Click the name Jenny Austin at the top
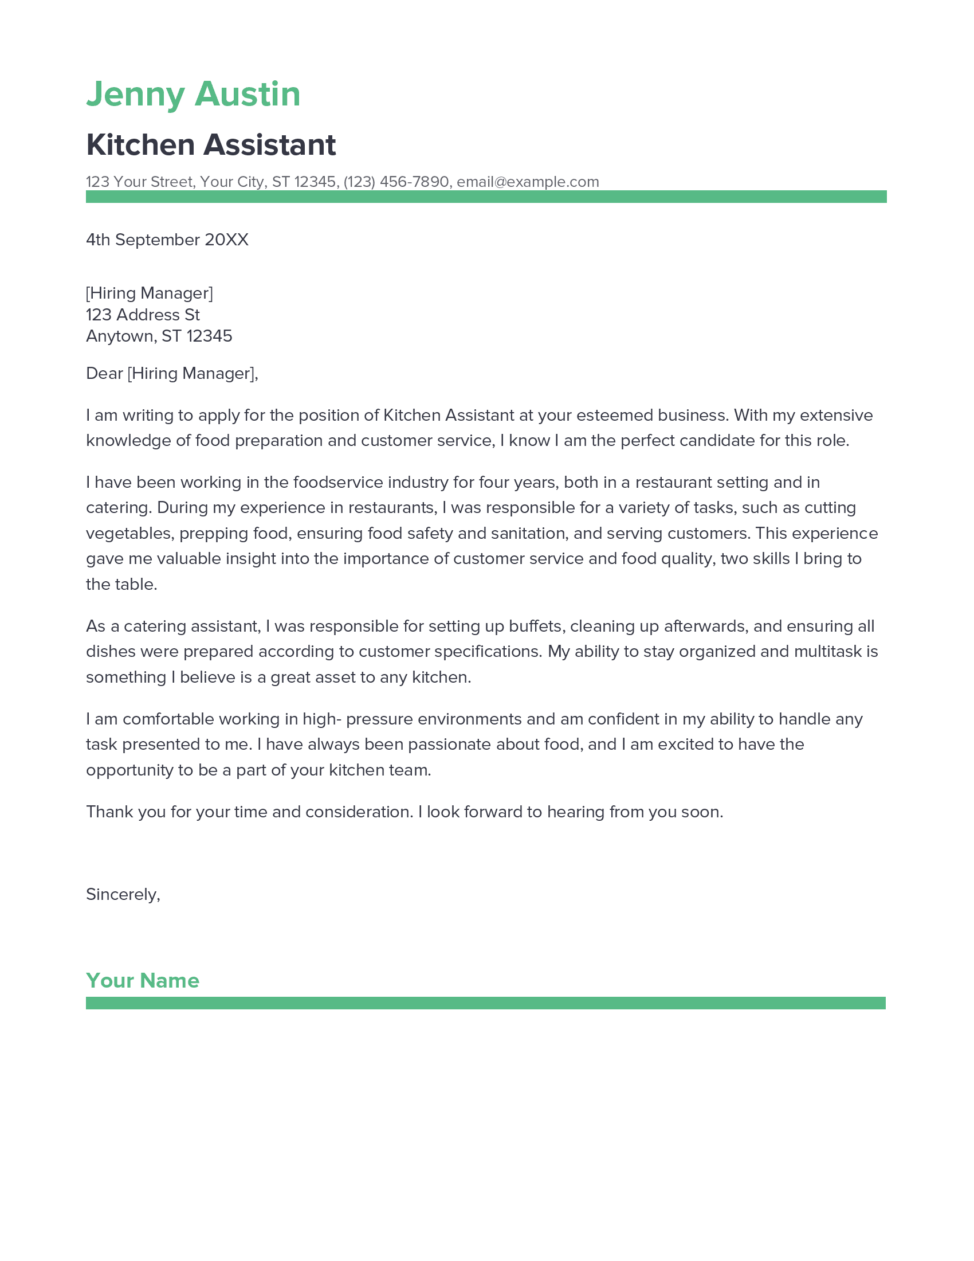tap(193, 95)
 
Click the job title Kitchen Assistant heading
tap(211, 144)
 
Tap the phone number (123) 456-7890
tap(396, 182)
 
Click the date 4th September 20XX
tap(167, 240)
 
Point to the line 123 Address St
tap(143, 315)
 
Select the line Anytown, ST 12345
tap(159, 336)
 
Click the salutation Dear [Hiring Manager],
tap(172, 374)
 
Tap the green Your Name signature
tap(143, 980)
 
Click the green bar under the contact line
tap(486, 196)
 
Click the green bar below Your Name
tap(486, 1003)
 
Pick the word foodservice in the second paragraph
tap(337, 482)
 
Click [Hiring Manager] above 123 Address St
tap(150, 293)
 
